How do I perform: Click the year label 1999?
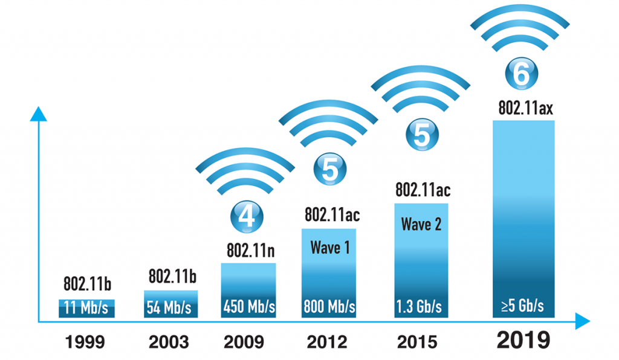(86, 342)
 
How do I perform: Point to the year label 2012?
(328, 342)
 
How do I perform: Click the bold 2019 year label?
(523, 340)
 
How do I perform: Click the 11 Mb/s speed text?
(86, 308)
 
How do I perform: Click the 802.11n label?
(248, 250)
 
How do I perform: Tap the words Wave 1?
(329, 247)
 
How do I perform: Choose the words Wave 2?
(421, 225)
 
